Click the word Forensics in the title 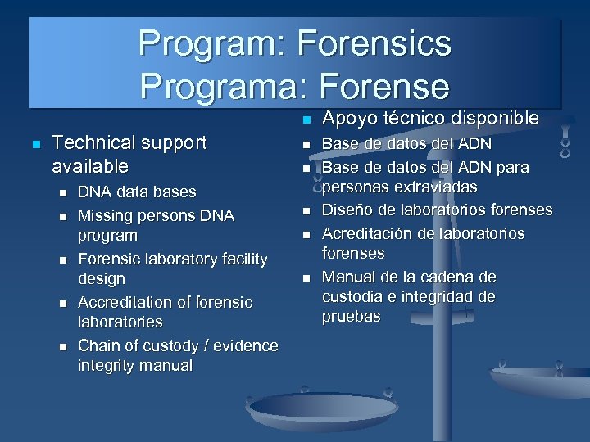(374, 43)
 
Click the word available (89, 166)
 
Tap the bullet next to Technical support (34, 144)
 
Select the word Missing (105, 215)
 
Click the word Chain (98, 345)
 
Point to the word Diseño (347, 210)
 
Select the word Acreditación (370, 233)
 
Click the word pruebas (352, 316)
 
